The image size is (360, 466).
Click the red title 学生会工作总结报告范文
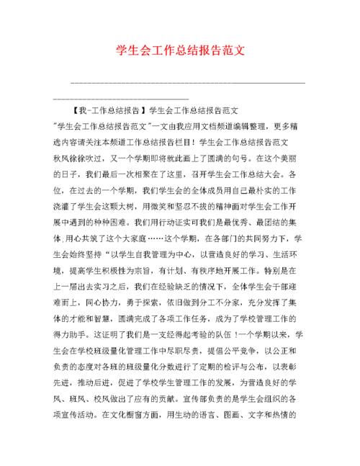point(180,52)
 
